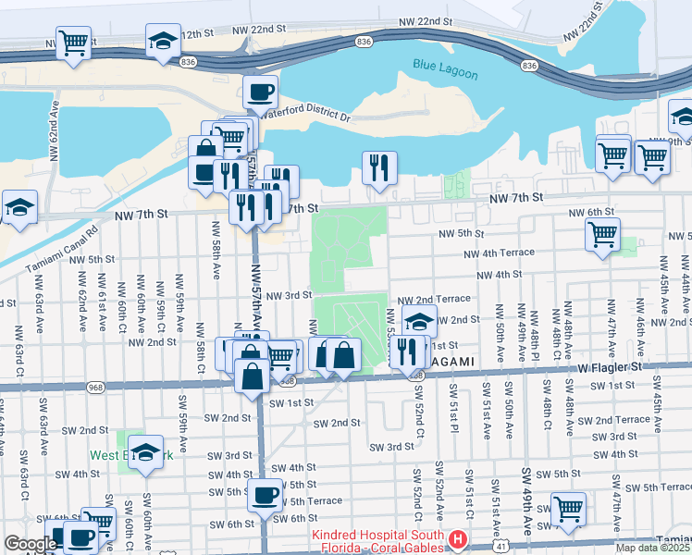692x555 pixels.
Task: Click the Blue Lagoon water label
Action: coord(447,65)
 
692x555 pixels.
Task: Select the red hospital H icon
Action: coord(456,538)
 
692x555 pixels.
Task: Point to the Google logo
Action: coord(30,544)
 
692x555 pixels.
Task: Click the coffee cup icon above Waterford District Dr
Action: coord(261,92)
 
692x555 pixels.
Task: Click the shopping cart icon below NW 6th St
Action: coord(602,233)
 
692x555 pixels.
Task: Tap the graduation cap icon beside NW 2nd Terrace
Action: coord(419,321)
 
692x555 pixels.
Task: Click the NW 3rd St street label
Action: coord(290,296)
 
